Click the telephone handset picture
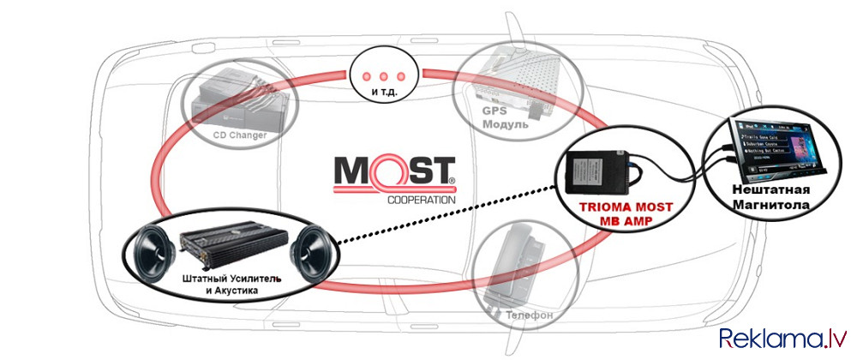[514, 266]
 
